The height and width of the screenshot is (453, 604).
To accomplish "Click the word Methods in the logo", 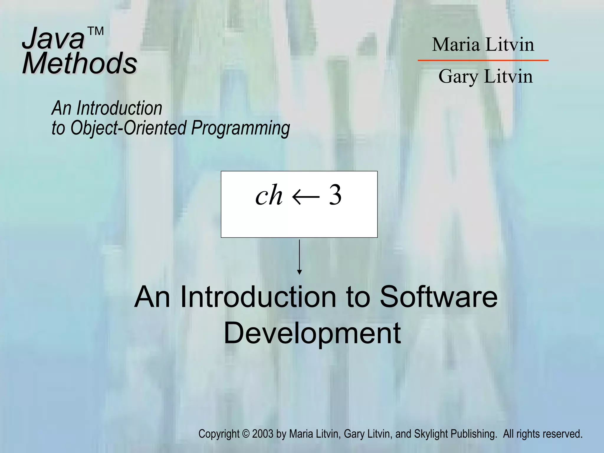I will click(80, 63).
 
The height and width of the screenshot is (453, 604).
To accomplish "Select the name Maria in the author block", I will click(456, 45).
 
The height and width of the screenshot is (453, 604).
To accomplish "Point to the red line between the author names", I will click(483, 60).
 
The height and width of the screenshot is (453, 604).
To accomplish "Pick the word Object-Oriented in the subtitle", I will click(128, 128).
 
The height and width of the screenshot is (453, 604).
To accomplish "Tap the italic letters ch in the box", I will click(269, 196).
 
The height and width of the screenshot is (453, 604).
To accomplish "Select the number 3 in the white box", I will click(335, 195).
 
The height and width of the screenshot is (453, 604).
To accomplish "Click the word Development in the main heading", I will click(312, 333).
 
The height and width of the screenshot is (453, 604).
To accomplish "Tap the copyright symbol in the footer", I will click(246, 434).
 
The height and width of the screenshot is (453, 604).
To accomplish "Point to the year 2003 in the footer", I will click(262, 434).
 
